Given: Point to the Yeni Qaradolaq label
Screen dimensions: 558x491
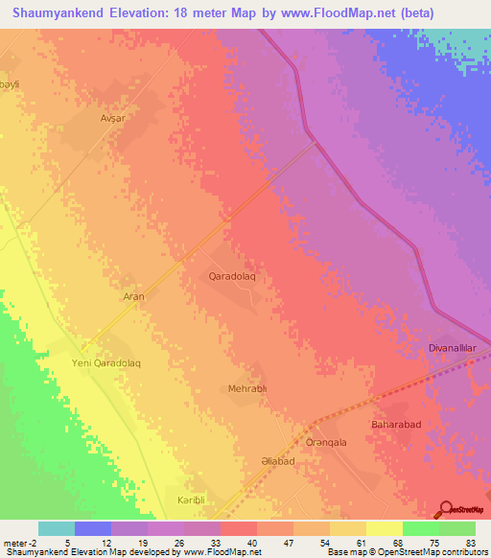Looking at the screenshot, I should coord(106,363).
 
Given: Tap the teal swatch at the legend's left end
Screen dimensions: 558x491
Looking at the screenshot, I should coord(56,528).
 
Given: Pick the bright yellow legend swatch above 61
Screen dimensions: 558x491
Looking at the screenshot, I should coord(384,528).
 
